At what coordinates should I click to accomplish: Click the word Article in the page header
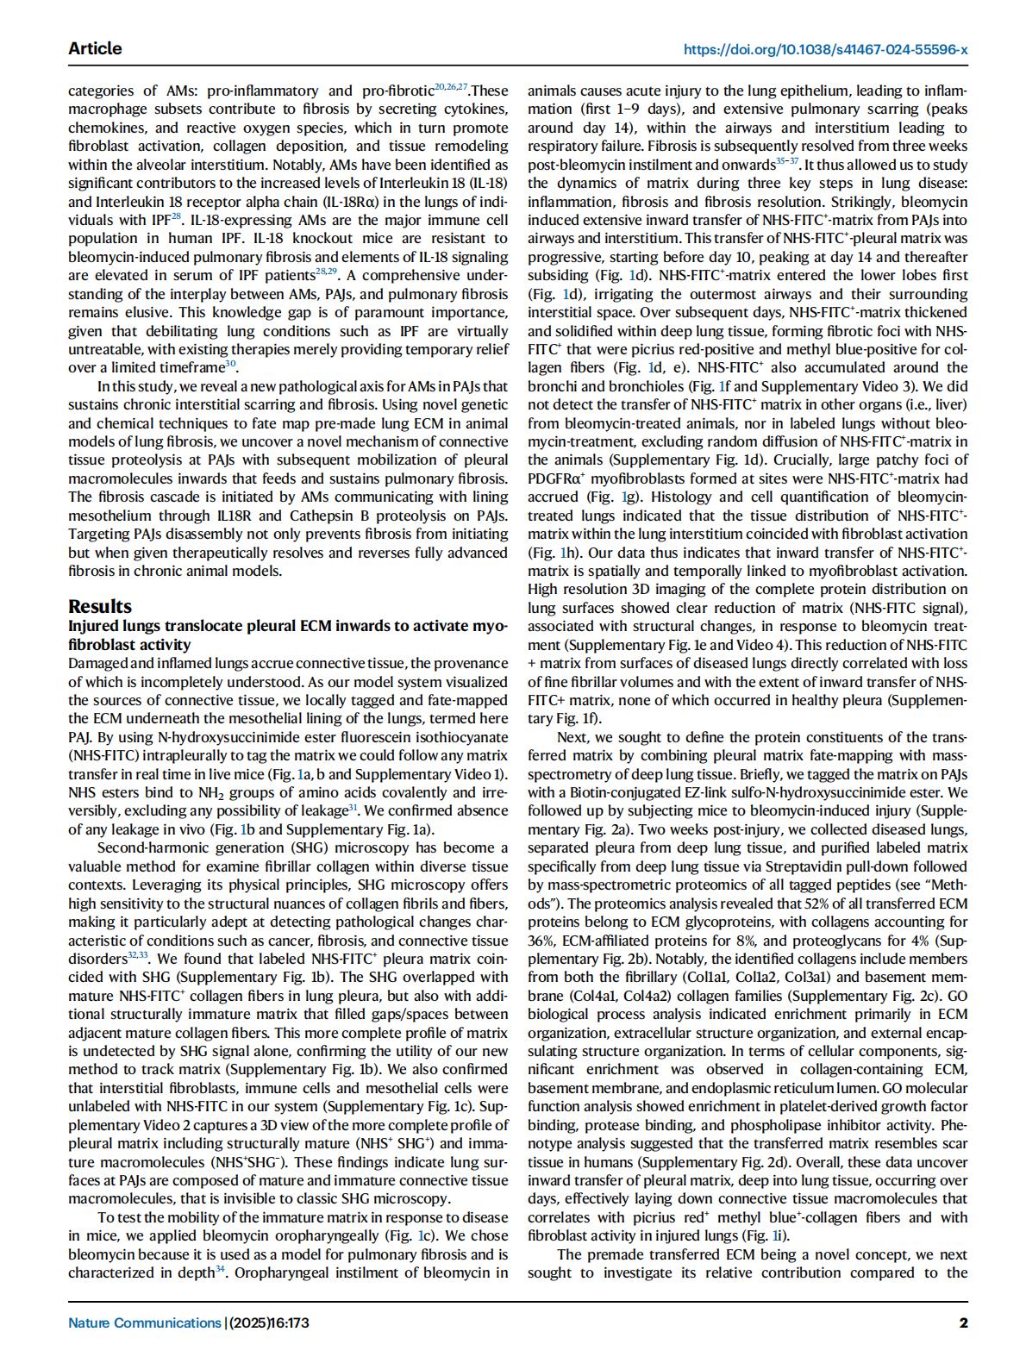(95, 48)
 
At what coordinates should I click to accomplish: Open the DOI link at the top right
(825, 49)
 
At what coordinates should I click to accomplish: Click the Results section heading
(100, 606)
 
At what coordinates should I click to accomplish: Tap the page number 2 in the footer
(963, 1322)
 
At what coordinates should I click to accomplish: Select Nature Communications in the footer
(145, 1322)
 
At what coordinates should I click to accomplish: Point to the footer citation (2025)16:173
(268, 1322)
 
